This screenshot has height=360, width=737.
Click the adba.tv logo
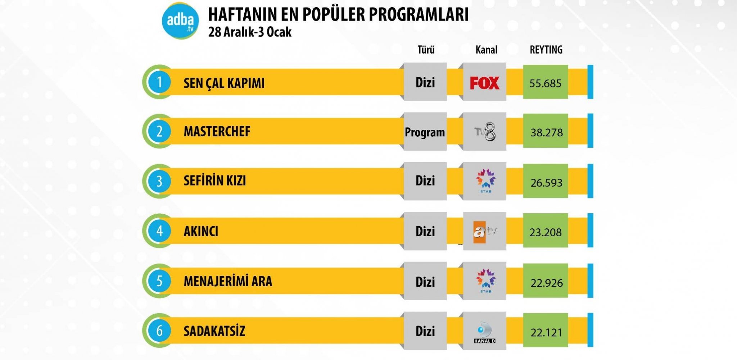click(180, 21)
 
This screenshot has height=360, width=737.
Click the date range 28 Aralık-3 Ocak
click(250, 32)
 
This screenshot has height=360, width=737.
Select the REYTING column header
click(546, 50)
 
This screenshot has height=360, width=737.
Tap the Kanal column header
click(486, 50)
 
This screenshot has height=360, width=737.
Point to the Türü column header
click(426, 50)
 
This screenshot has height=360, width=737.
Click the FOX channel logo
click(484, 83)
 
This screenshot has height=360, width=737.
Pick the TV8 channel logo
click(485, 132)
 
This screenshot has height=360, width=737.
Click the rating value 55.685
click(545, 83)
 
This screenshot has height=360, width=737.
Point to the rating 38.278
click(546, 133)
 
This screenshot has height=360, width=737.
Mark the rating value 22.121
click(546, 333)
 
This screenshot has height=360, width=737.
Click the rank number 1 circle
click(159, 82)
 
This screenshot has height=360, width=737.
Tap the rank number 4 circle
click(159, 231)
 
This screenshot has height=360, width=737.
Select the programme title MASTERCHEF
click(217, 131)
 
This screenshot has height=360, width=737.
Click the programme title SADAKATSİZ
click(214, 331)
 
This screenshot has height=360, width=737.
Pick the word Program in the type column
click(425, 132)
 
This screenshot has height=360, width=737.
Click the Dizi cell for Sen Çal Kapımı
click(425, 82)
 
